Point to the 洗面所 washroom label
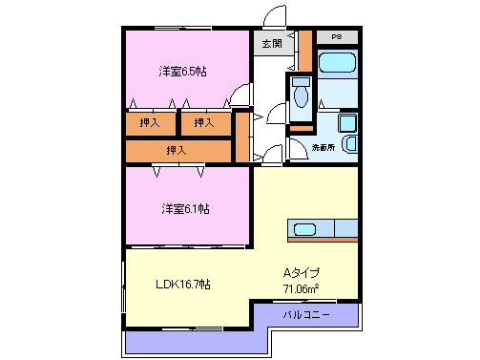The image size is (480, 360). click(x=323, y=148)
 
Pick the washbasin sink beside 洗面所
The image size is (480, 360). click(x=348, y=144)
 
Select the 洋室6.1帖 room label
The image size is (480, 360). click(x=185, y=208)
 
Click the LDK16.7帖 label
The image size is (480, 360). click(x=183, y=285)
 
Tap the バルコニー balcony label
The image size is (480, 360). click(x=306, y=314)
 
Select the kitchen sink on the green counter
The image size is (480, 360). click(x=305, y=229)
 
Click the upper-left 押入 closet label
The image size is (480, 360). click(x=150, y=122)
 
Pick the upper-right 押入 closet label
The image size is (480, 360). click(x=204, y=122)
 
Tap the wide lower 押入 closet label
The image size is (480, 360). click(x=177, y=150)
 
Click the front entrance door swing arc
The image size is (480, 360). click(x=274, y=17)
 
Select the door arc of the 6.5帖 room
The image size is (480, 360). click(x=240, y=95)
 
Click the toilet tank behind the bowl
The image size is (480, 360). click(x=302, y=82)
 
